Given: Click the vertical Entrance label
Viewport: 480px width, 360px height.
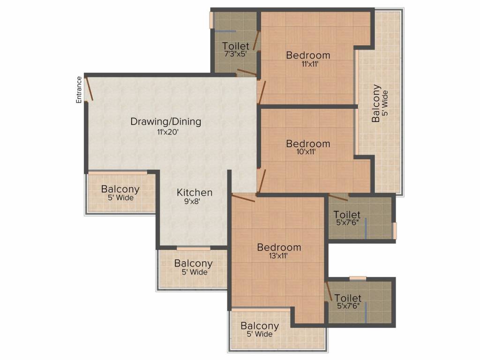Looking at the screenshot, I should pos(79,90).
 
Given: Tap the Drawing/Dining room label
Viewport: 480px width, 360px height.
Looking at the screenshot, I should pos(165,122).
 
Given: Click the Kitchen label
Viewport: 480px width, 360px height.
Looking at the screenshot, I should pos(195,192).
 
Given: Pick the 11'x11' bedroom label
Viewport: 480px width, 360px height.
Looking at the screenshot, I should pos(308,55).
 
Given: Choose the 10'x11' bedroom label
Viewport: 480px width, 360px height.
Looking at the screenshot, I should pos(308,143).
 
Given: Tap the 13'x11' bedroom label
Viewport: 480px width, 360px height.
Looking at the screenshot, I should pos(279,247).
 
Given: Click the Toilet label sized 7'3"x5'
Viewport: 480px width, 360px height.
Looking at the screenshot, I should pos(236,46).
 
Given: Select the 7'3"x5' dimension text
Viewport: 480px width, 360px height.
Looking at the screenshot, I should pos(236,54).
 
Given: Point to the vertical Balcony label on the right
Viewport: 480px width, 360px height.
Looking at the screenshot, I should pos(376,103).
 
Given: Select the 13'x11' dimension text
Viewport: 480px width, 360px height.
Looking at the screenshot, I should pos(279,256).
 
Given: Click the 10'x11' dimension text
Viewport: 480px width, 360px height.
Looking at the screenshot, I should pos(308,152).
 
